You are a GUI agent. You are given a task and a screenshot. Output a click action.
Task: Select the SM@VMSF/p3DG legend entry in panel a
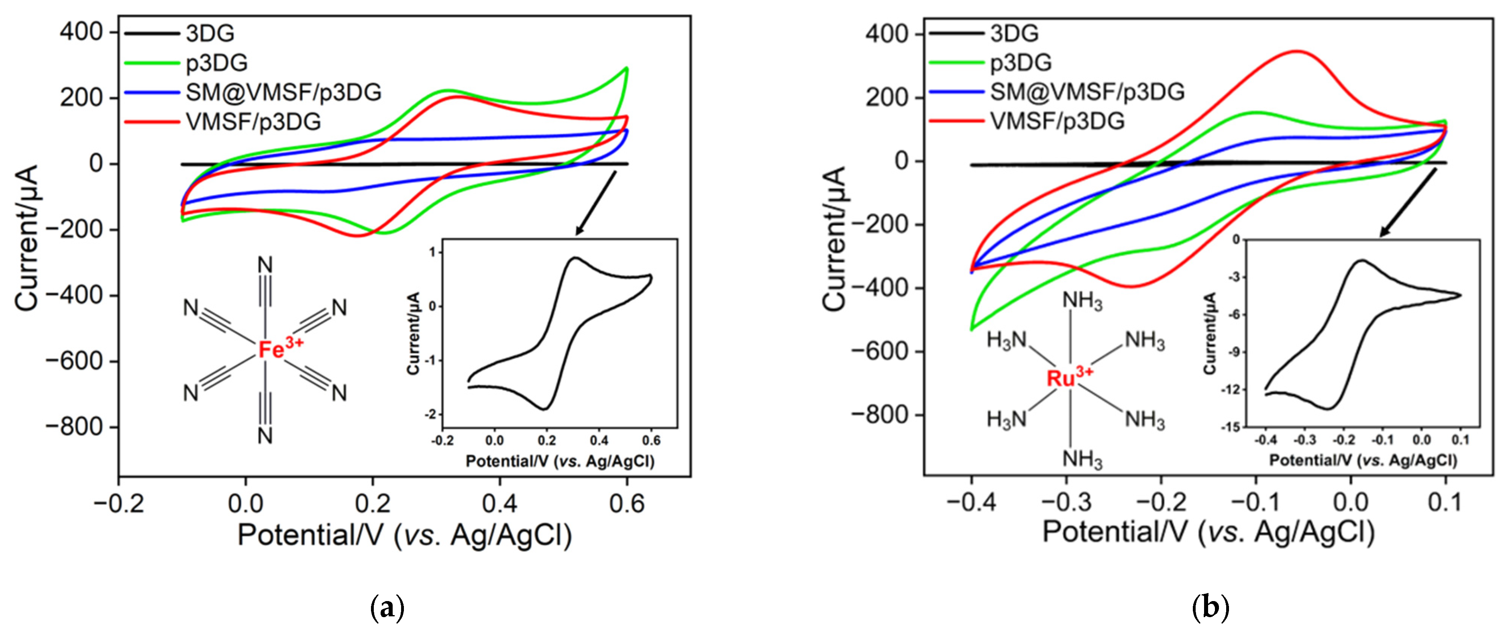[283, 92]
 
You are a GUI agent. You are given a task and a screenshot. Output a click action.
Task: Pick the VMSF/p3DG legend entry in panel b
[1057, 121]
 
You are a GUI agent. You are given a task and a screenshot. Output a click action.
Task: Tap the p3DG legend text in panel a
[217, 63]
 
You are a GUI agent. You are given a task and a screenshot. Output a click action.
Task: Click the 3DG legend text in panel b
[1014, 33]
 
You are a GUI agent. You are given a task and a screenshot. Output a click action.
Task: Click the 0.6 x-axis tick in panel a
[626, 503]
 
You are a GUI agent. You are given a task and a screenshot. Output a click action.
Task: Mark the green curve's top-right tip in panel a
[626, 68]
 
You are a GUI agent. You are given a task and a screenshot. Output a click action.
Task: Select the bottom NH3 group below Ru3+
[1082, 459]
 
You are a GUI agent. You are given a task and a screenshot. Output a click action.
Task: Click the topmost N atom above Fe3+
[265, 266]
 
